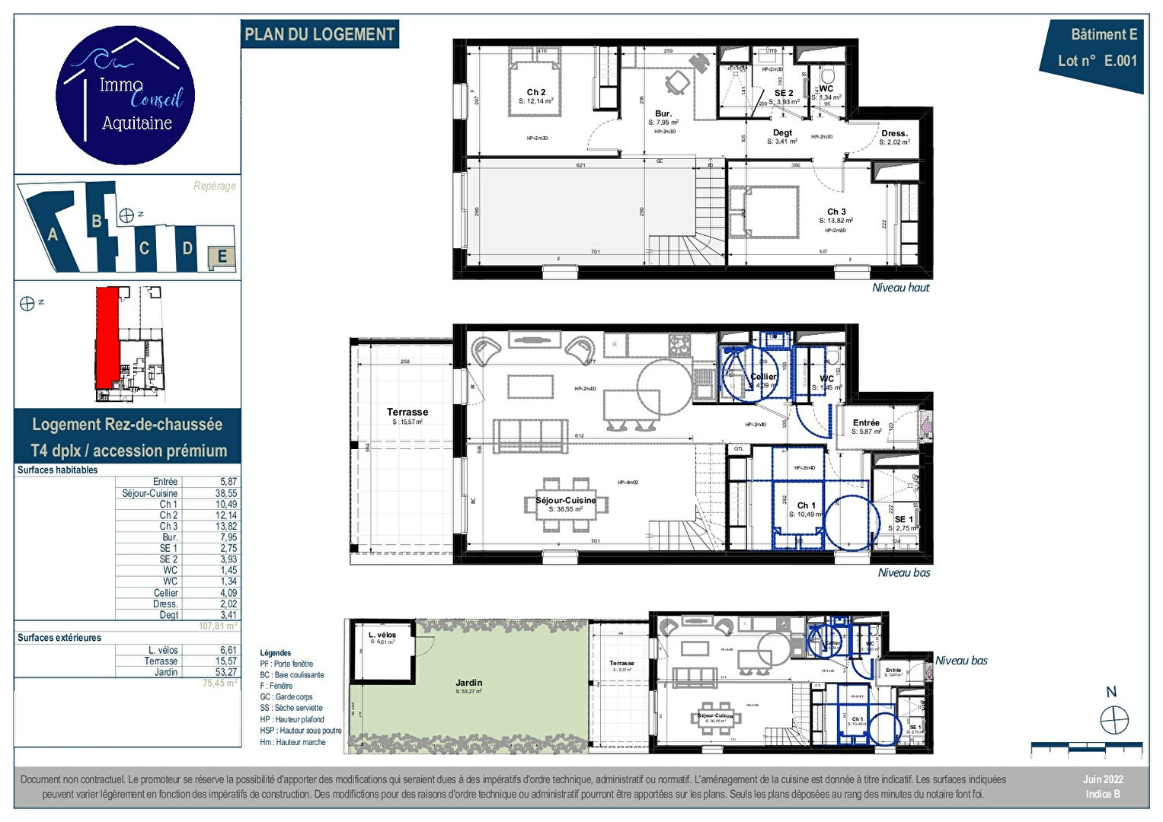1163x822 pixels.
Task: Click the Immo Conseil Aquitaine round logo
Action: [126, 95]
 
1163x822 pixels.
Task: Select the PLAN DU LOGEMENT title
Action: [320, 34]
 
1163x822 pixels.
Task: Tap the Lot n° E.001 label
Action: [1097, 61]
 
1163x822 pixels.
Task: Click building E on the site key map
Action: [222, 257]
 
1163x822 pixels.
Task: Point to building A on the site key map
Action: [53, 234]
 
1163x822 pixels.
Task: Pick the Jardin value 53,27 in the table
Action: [226, 672]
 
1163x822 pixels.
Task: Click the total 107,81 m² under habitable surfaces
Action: [218, 626]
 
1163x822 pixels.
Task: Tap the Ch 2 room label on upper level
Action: [536, 92]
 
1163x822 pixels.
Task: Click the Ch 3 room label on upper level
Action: [836, 212]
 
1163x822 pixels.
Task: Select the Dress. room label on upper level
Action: [894, 133]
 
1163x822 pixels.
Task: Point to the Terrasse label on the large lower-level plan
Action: [407, 412]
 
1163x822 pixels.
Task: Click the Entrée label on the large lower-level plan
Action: [866, 422]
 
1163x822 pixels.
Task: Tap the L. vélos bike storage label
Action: [382, 635]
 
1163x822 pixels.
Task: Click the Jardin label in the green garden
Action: [468, 683]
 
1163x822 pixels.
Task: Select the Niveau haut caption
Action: [900, 288]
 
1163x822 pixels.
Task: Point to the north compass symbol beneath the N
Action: [1113, 719]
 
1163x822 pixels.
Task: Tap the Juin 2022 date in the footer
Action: [1103, 779]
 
